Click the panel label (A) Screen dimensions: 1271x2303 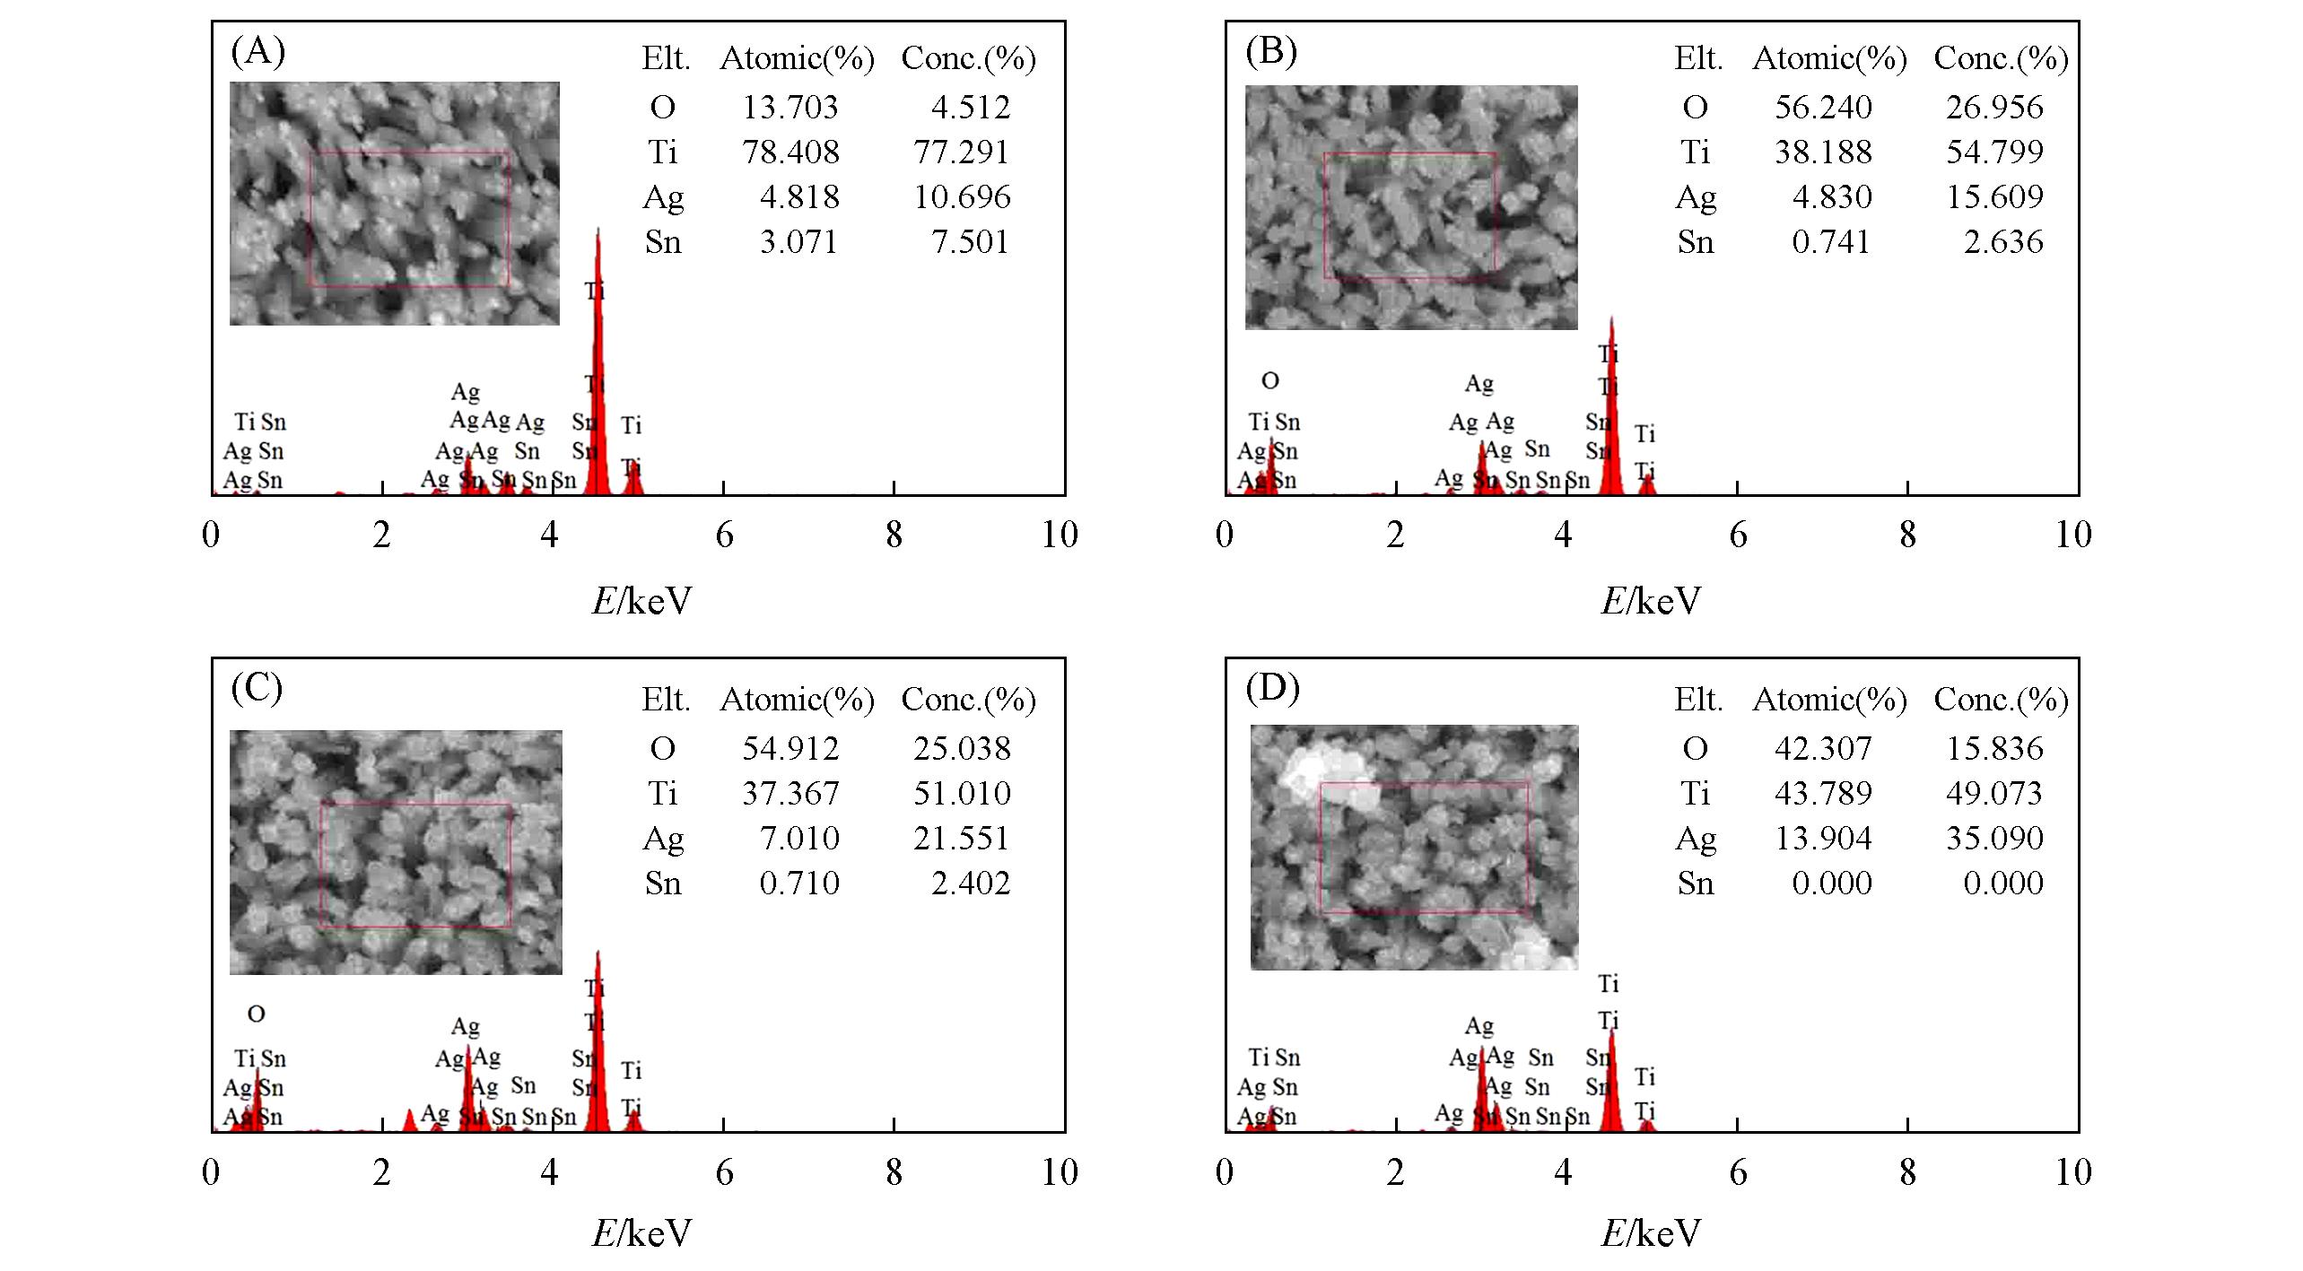pos(257,52)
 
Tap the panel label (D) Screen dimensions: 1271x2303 pos(1272,688)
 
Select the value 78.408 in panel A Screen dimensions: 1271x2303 pos(790,152)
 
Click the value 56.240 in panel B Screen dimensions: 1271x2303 pos(1823,107)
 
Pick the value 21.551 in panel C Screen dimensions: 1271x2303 pos(962,838)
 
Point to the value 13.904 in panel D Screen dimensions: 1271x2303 pos(1823,838)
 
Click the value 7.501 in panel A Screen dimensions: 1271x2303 pos(970,241)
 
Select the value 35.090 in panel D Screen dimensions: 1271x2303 pos(1994,838)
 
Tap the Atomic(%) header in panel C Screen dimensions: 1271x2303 pos(797,700)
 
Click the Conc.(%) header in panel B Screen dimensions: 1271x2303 pos(2001,58)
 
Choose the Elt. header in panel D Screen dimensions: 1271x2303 pos(1698,700)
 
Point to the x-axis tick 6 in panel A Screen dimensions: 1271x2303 pos(724,535)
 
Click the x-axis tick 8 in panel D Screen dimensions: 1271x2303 pos(1907,1172)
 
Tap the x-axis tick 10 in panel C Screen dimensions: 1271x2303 pos(1059,1172)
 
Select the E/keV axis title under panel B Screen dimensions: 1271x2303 pos(1651,601)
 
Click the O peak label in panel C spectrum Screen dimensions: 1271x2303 pos(256,1014)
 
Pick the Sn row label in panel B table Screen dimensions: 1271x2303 pos(1695,242)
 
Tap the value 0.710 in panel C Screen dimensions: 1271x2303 pos(799,884)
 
